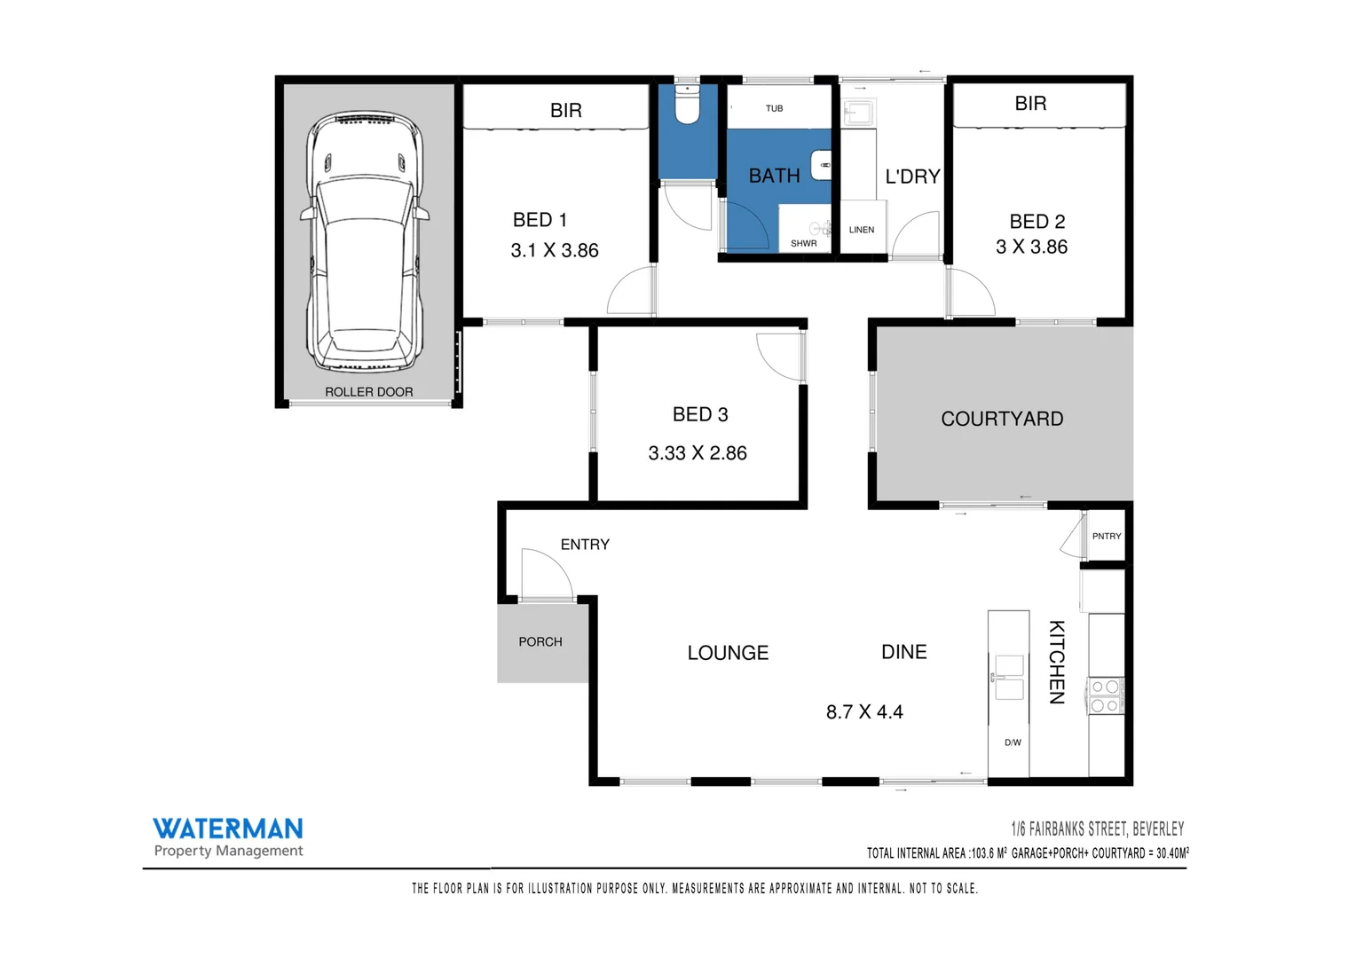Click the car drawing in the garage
(x=365, y=242)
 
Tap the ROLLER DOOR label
(x=368, y=392)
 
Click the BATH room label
(x=774, y=176)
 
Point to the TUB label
(x=774, y=108)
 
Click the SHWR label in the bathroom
(x=803, y=243)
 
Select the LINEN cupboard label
(x=861, y=230)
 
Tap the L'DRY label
(x=912, y=177)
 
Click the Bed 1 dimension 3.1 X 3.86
(x=555, y=251)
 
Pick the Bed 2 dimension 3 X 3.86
(x=1031, y=247)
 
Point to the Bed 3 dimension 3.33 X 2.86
(x=698, y=453)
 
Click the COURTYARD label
(x=1002, y=419)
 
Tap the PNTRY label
(x=1106, y=536)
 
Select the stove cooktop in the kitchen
(x=1105, y=695)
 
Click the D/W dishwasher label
(x=1013, y=742)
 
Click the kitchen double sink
(x=1009, y=678)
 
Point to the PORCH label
(x=540, y=641)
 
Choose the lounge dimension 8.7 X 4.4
(x=864, y=712)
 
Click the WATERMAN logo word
(x=228, y=828)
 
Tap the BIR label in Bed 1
(x=565, y=110)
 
